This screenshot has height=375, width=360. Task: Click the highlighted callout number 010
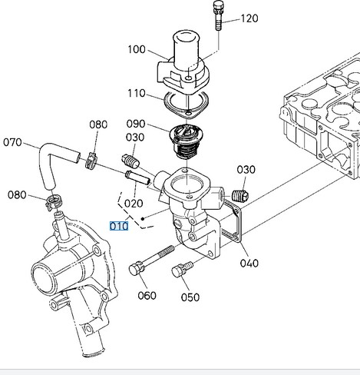pos(119,226)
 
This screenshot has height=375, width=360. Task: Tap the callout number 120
pos(249,18)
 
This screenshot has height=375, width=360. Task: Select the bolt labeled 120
pos(218,15)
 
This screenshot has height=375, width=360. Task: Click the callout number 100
pos(137,49)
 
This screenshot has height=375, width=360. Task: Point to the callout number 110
pos(137,93)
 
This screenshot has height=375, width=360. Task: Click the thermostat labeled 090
pos(187,141)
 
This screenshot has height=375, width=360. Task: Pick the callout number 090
pos(136,124)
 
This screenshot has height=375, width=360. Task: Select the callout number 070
pos(12,142)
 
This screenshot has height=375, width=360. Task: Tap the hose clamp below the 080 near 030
pos(91,161)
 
